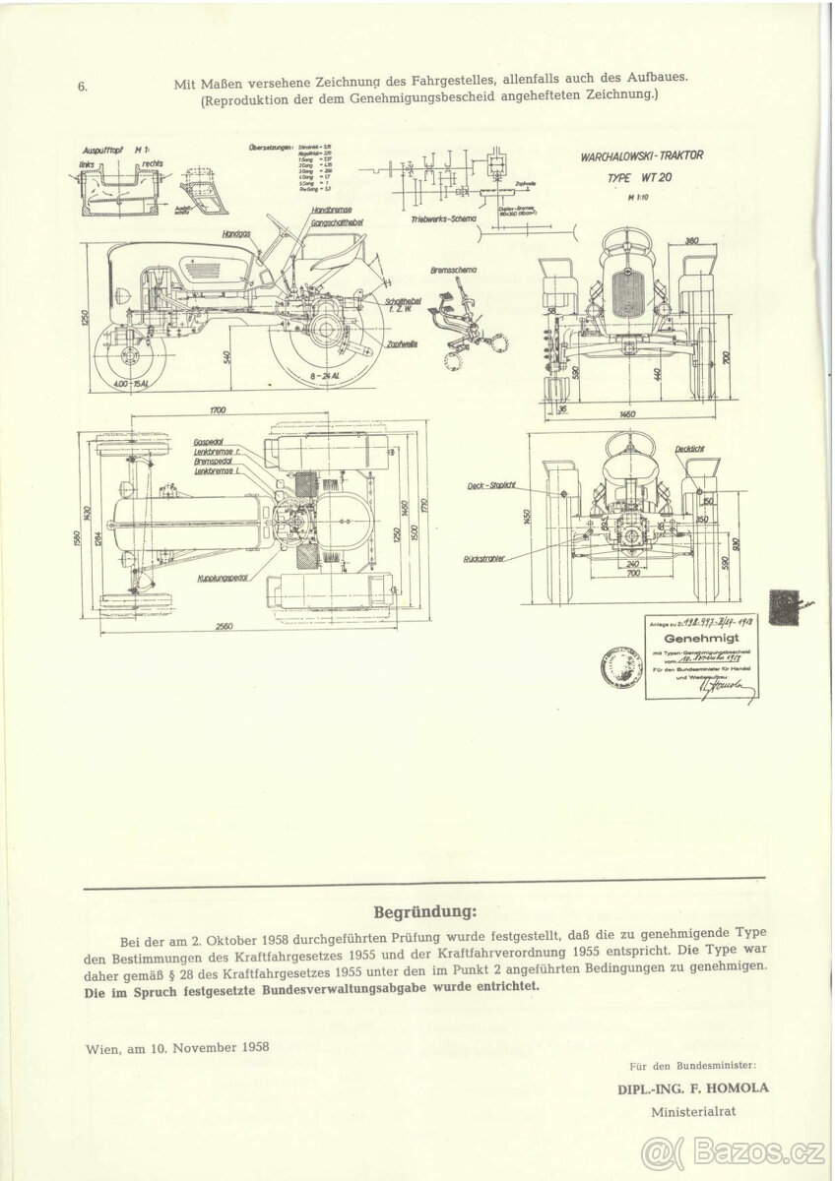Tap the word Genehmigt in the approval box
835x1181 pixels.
coord(701,639)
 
